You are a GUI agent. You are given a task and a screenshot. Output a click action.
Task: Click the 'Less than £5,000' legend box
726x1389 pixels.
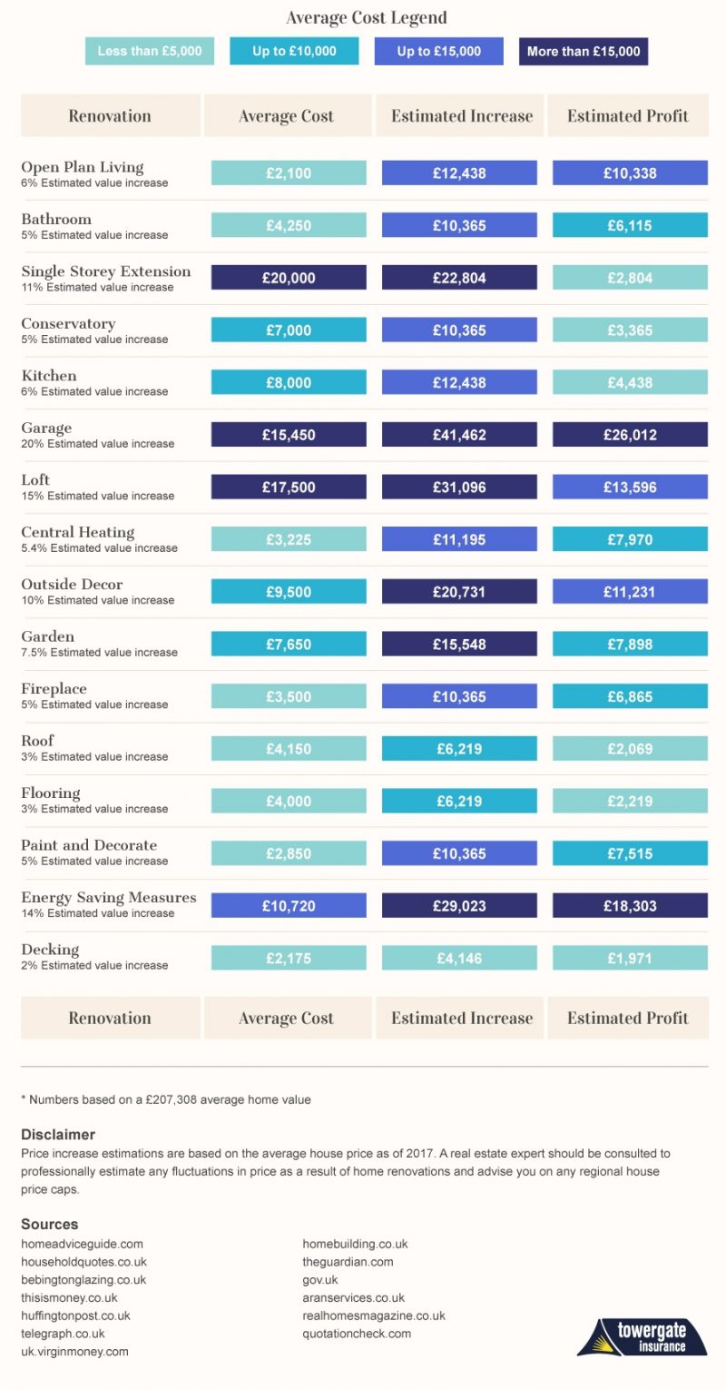point(150,51)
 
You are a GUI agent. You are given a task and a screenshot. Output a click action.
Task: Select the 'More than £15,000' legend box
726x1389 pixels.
point(584,51)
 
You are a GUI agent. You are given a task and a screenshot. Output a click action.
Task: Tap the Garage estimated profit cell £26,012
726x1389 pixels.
point(630,435)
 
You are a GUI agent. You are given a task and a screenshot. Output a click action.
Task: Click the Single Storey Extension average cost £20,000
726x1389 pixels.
point(289,278)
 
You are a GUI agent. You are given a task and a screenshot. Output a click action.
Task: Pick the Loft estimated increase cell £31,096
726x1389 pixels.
point(459,488)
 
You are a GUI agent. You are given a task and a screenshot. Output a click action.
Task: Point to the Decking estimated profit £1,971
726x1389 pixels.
point(630,958)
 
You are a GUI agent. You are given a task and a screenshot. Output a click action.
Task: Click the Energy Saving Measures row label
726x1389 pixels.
point(109,898)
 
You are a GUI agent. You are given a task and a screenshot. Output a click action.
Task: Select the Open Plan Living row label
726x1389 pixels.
point(83,167)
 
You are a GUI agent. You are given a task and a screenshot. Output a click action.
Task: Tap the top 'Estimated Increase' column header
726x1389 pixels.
point(461,116)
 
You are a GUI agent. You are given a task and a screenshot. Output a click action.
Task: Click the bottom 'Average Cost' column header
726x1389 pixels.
point(287,1018)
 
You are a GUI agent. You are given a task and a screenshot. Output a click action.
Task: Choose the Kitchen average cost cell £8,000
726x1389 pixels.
point(289,383)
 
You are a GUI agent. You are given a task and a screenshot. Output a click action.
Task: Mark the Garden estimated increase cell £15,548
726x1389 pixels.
point(459,644)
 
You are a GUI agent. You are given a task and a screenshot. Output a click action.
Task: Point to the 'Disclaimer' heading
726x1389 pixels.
point(58,1135)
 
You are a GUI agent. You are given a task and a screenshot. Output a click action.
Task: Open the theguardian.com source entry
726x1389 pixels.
point(348,1262)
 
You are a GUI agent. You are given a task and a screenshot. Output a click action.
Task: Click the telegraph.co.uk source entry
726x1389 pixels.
point(63,1334)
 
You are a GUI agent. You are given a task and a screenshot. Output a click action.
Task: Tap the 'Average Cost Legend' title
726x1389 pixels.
point(367,18)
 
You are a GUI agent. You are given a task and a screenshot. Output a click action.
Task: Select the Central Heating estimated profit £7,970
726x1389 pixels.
point(630,539)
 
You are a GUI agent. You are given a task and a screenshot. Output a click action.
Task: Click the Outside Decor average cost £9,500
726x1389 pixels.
point(289,592)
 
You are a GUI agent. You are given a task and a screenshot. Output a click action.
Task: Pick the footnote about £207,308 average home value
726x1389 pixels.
point(166,1099)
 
